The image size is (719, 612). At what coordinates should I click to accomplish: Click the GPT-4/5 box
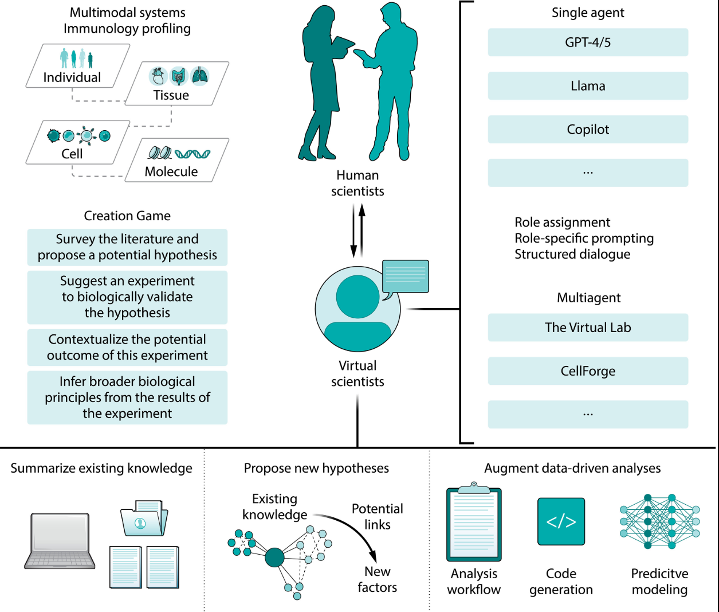point(588,42)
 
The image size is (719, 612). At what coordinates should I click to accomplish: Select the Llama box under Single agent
point(588,86)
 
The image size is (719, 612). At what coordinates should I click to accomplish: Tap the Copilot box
point(588,130)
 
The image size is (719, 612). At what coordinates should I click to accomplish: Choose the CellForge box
point(588,371)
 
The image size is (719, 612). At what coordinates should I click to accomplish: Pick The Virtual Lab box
point(588,328)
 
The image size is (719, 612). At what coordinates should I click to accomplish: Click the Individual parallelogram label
point(72,77)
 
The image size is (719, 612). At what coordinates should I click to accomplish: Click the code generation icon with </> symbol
point(561,521)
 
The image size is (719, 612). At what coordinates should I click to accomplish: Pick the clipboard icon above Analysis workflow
point(474,523)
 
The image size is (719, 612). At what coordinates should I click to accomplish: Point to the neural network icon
point(659,521)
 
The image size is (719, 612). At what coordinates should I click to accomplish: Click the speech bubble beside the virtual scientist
point(405,276)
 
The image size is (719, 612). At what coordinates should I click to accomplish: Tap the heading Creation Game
point(127,216)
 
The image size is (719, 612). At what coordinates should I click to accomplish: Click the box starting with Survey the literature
point(127,247)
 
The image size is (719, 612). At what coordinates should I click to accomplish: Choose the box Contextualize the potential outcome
point(127,348)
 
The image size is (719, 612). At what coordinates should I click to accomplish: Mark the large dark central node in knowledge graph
point(275,557)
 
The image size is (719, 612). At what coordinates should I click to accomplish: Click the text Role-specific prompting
point(584,239)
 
